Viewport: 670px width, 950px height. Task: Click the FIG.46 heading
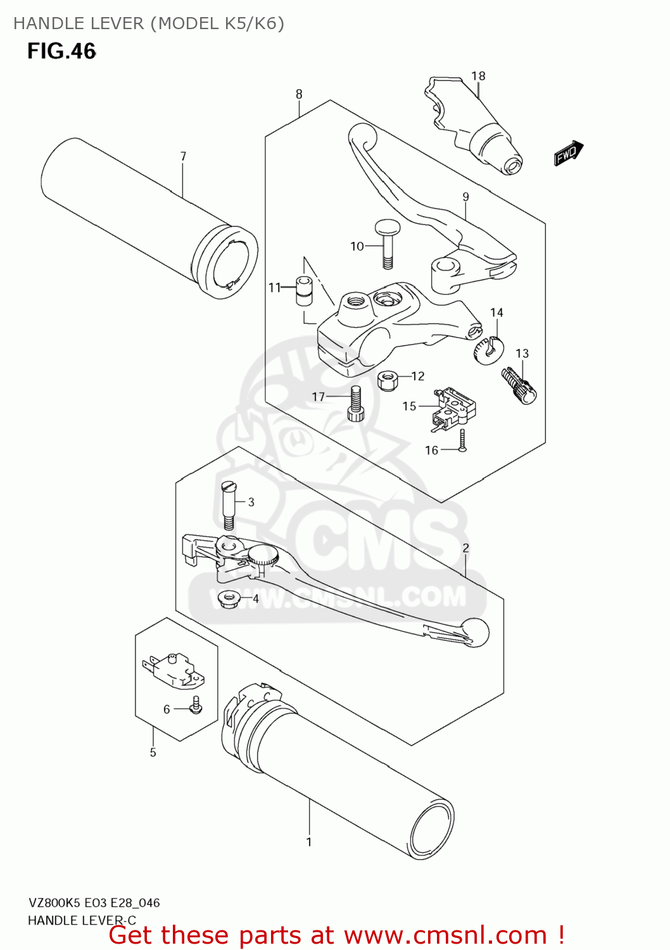tap(61, 51)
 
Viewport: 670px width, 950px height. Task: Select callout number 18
tap(478, 76)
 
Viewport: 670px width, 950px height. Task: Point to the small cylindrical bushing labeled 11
tap(305, 289)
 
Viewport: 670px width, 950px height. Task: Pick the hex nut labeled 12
tap(387, 381)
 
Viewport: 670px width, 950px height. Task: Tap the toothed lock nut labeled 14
tap(488, 350)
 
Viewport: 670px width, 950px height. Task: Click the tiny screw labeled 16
tap(463, 441)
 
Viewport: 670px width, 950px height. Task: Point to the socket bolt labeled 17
tap(356, 403)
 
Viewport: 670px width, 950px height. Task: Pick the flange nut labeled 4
tap(228, 598)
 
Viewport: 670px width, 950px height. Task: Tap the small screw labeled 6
tap(196, 705)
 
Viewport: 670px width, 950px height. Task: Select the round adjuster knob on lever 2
tap(263, 557)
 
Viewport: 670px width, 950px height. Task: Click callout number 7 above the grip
tap(183, 156)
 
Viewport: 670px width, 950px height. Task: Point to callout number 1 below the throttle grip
tap(309, 842)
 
